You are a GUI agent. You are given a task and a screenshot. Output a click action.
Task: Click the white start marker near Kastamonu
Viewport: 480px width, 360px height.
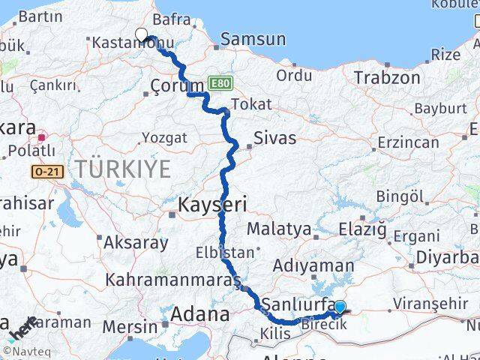pos(141,34)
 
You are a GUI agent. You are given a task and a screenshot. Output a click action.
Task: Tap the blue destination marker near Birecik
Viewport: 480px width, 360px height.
pos(340,307)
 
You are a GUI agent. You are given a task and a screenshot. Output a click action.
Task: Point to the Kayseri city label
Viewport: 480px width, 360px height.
pos(212,204)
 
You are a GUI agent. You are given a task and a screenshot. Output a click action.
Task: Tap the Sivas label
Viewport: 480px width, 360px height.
pos(274,138)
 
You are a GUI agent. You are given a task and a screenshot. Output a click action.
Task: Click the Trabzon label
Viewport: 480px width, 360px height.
pos(386,77)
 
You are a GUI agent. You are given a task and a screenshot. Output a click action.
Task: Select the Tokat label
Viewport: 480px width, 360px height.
pos(251,104)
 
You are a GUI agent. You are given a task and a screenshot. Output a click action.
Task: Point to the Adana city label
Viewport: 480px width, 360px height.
pos(200,314)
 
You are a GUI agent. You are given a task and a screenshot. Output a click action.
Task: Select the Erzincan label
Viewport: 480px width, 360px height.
pos(409,142)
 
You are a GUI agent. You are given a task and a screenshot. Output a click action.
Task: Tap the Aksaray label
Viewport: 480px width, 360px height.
pos(136,242)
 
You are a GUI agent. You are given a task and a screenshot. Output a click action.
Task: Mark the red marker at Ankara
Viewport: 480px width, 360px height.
pos(42,137)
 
